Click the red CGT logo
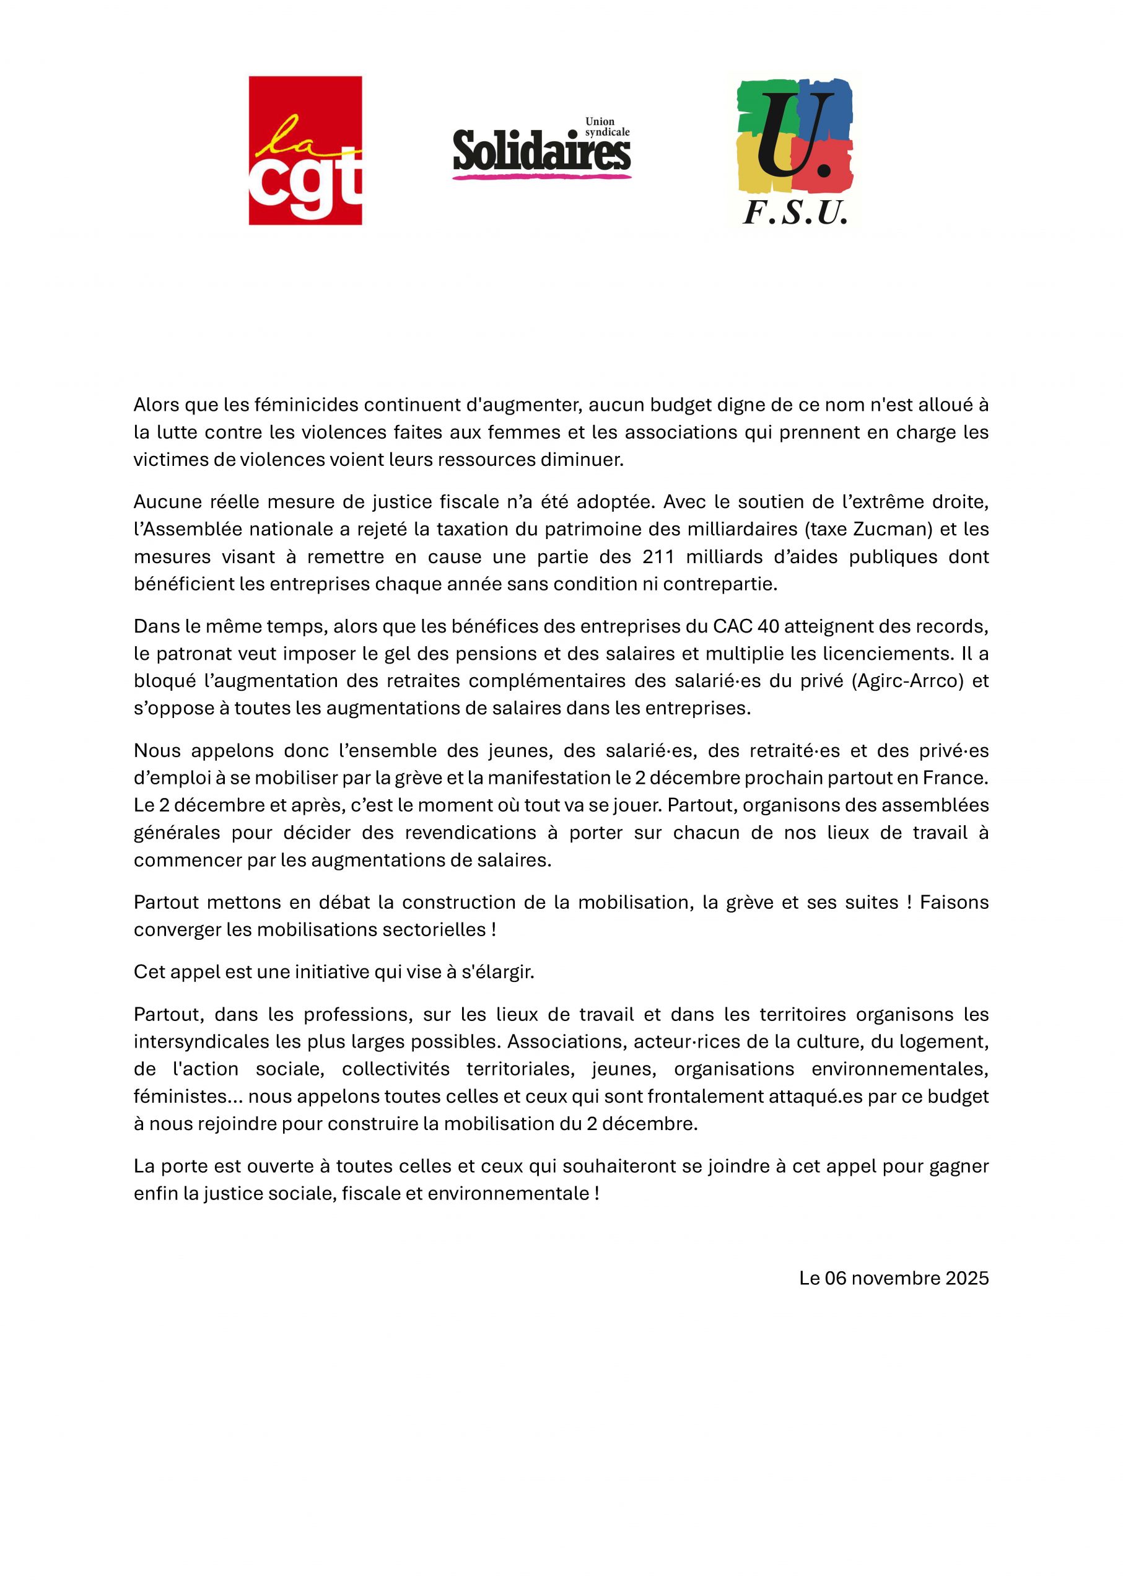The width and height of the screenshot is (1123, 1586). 305,150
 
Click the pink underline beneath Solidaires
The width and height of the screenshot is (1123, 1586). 541,177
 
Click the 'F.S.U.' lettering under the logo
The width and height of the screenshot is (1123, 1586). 795,214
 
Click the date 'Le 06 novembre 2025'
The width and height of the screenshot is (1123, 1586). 893,1278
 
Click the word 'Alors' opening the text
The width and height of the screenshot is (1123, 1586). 154,405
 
